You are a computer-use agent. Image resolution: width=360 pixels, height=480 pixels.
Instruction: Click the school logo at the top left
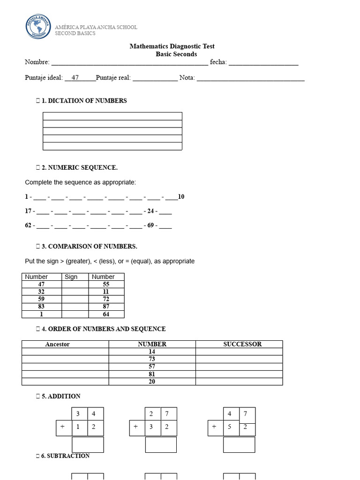pos(39,27)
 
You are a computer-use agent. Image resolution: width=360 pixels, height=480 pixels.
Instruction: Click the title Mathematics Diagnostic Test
pos(172,46)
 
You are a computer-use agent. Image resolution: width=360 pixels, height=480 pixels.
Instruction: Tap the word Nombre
pos(37,62)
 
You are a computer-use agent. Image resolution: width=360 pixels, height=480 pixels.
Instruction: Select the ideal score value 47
pos(75,78)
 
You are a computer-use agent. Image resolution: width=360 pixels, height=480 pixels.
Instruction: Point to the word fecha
pos(218,62)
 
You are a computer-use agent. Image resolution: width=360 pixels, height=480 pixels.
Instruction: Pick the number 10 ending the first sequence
pos(181,197)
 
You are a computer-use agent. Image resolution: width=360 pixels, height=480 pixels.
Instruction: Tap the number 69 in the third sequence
pos(151,226)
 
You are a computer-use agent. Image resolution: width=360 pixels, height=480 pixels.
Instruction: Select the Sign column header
pos(71,277)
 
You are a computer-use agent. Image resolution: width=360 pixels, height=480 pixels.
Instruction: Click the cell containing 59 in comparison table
pos(42,299)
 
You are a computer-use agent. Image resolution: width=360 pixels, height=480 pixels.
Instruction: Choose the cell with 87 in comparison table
pos(106,307)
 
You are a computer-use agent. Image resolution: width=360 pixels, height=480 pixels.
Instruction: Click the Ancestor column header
pos(57,344)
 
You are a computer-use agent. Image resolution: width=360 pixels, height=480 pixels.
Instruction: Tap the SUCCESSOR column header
pos(242,344)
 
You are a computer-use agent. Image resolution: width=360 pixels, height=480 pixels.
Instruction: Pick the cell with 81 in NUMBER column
pos(152,374)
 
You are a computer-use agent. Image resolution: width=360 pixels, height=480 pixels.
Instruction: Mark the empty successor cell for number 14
pos(239,352)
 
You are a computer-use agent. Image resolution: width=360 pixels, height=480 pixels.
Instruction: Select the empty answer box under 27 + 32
pos(161,445)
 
